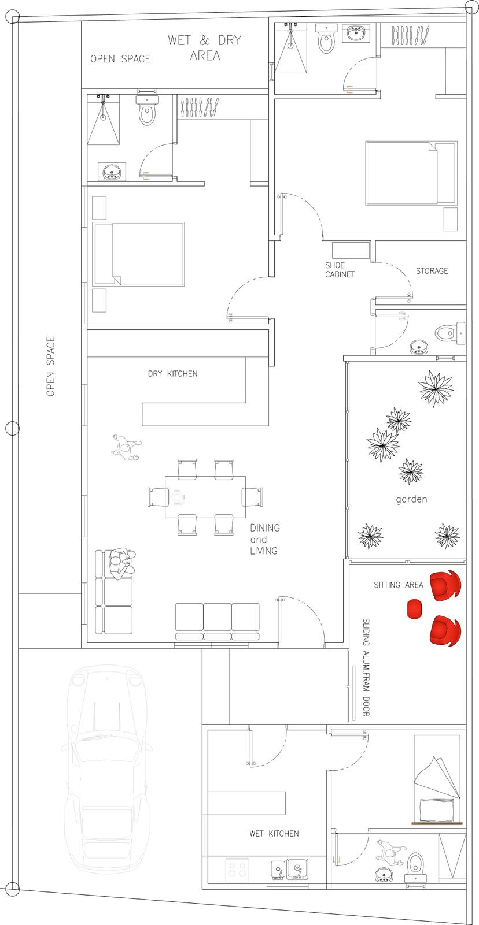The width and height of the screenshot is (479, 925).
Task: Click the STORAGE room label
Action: click(432, 271)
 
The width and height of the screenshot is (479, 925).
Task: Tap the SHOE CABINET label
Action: click(340, 270)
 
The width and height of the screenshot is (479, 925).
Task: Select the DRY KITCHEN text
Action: click(172, 374)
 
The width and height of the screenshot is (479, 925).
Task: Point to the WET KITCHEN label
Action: click(274, 833)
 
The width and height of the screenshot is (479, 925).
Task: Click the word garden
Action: click(411, 499)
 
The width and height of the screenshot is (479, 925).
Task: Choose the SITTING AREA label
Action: click(399, 585)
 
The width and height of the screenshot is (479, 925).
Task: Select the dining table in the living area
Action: click(205, 497)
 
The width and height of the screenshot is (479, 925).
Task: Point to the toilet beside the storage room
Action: click(451, 332)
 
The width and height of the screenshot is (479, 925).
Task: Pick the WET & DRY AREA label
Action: click(205, 48)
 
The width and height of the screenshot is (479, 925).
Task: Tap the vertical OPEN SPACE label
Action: click(50, 366)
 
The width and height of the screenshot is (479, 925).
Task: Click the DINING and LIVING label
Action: click(265, 539)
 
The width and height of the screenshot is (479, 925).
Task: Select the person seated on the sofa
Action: click(122, 563)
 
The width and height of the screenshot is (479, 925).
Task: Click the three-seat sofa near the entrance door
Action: click(218, 622)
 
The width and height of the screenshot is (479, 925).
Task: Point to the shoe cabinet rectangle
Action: click(351, 250)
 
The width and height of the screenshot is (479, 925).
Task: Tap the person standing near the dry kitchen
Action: click(126, 447)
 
